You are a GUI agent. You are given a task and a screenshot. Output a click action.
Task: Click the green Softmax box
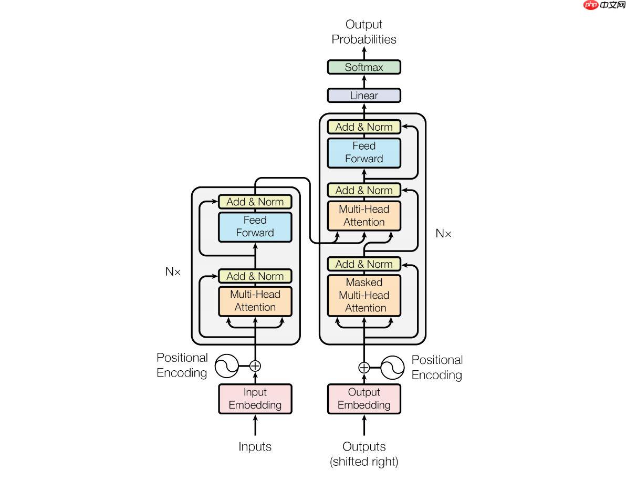pos(364,67)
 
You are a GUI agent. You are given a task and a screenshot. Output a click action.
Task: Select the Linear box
pos(364,96)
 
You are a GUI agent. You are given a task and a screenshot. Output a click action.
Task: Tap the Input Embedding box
pos(255,399)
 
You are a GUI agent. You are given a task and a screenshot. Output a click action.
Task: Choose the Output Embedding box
pos(364,399)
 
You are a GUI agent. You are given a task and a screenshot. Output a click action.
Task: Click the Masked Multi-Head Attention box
pos(364,295)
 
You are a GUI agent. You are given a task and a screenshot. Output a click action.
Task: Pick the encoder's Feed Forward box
pos(255,226)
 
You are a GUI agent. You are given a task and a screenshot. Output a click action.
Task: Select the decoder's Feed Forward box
pos(364,152)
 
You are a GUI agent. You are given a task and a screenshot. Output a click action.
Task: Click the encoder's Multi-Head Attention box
pos(255,301)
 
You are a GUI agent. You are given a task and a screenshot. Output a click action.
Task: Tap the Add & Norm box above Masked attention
pos(364,264)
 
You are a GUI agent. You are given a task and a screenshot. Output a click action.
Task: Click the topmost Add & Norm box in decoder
pos(364,127)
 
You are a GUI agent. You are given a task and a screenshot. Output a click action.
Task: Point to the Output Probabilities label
pos(364,32)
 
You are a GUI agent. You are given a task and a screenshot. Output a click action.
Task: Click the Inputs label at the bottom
pos(255,447)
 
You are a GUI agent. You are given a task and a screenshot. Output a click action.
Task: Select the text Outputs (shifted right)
pos(364,454)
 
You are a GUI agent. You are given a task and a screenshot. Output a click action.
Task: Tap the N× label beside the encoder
pos(173,272)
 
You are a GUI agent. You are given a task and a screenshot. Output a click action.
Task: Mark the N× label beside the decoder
pos(444,234)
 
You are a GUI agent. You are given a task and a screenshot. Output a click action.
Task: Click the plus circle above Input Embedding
pos(255,366)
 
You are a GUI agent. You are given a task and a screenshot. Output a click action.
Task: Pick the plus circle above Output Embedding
pos(364,367)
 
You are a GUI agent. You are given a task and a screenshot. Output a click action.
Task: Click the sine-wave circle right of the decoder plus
pos(392,367)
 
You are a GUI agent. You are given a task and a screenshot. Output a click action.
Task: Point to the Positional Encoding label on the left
pos(182,365)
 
